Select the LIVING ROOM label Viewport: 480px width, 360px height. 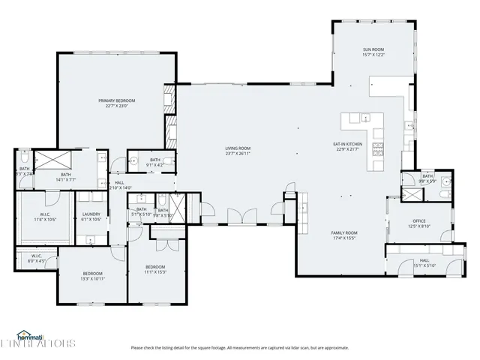[x=238, y=148]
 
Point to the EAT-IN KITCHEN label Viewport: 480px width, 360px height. [x=348, y=143]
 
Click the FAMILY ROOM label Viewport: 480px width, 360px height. [x=344, y=232]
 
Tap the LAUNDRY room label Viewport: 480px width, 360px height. [x=91, y=214]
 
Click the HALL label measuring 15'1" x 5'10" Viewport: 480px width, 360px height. [x=424, y=260]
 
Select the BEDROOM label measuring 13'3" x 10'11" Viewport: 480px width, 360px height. [x=92, y=272]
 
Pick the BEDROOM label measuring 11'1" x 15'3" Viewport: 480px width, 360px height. [x=155, y=267]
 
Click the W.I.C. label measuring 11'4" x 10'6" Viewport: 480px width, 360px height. [x=44, y=214]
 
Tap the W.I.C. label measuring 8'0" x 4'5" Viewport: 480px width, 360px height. [x=36, y=256]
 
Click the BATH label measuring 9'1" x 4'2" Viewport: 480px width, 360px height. [x=155, y=160]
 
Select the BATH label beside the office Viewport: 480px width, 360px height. [x=427, y=176]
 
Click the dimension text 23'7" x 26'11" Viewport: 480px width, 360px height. [x=238, y=154]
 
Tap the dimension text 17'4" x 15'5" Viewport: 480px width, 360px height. [x=344, y=238]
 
